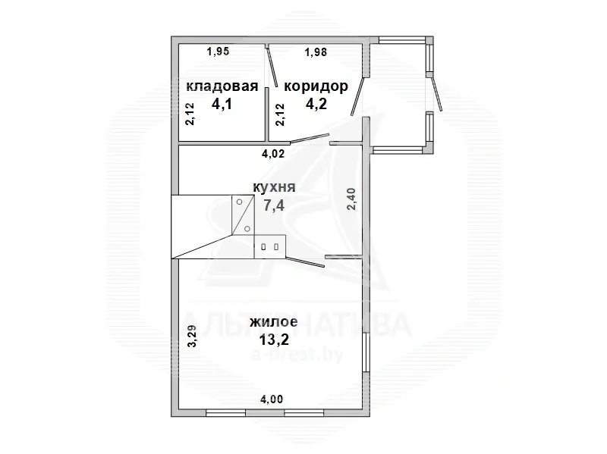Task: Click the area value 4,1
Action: click(222, 105)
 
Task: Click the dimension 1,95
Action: click(218, 52)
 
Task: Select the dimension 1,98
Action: click(316, 52)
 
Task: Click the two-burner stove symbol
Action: click(269, 246)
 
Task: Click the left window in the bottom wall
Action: click(225, 413)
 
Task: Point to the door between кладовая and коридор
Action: click(271, 68)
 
